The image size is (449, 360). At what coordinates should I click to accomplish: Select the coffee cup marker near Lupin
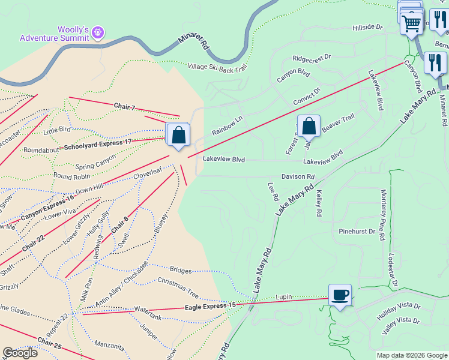(340, 295)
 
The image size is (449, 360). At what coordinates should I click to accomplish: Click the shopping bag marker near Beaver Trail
(309, 127)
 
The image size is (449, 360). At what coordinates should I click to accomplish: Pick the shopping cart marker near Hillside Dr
(412, 24)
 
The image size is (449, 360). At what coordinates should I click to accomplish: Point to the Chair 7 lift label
(124, 107)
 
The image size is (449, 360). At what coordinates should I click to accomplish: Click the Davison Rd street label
(298, 177)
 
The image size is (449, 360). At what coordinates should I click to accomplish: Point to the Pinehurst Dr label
(357, 230)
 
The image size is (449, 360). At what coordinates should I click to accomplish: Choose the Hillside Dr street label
(367, 28)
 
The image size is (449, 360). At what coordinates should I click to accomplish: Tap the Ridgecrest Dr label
(312, 58)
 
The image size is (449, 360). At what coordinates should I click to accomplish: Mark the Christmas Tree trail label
(178, 289)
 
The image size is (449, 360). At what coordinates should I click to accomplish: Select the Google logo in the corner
(20, 353)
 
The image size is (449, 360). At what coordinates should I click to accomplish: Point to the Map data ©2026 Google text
(412, 355)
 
